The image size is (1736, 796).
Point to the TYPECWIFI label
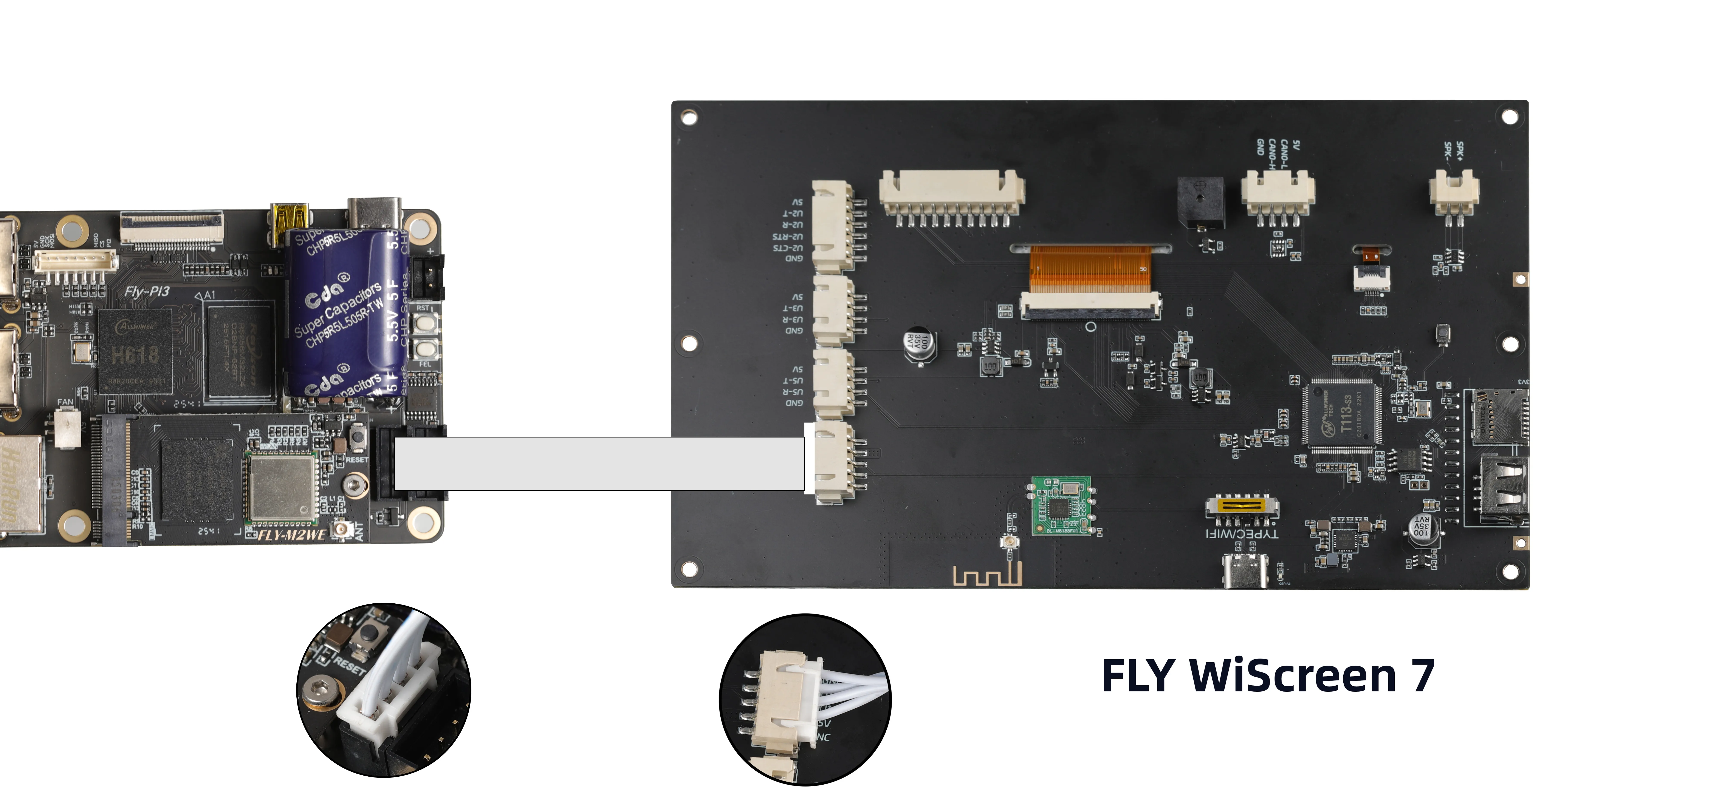1241,534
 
